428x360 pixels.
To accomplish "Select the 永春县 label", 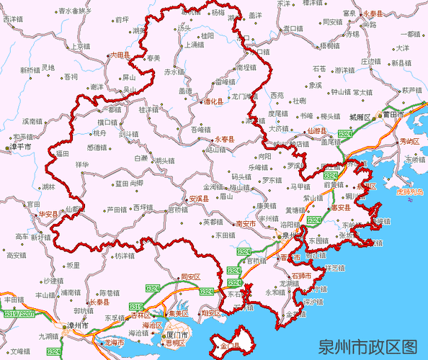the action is pyautogui.click(x=226, y=138).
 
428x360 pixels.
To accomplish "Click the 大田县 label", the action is pyautogui.click(x=119, y=54).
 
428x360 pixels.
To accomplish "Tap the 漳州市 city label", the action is pyautogui.click(x=76, y=325).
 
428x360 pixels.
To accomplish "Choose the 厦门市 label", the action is pyautogui.click(x=177, y=335).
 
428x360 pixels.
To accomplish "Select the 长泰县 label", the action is pyautogui.click(x=100, y=302).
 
